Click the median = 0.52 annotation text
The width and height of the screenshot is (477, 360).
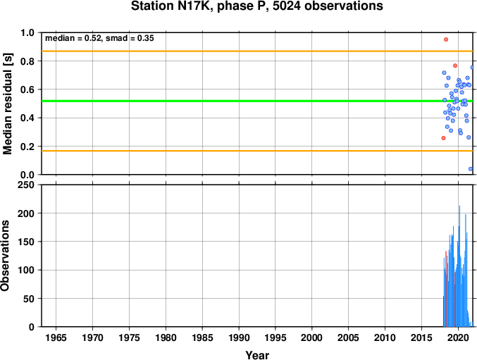coord(73,38)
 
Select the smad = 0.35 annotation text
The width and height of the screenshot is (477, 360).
coord(130,38)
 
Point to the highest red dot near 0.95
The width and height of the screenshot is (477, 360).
coord(446,39)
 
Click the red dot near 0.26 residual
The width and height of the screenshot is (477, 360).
coord(443,138)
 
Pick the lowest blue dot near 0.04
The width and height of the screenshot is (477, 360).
coord(471,169)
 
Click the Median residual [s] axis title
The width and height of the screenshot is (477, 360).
coord(7,104)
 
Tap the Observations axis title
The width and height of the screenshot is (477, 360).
coord(5,256)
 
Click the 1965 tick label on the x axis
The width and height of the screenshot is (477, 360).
coord(56,337)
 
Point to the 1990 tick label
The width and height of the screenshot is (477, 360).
coord(239,337)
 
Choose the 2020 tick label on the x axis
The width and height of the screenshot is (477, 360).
coord(458,337)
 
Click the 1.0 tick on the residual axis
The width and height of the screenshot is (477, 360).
coord(27,32)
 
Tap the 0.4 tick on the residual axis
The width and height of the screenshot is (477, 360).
coord(27,118)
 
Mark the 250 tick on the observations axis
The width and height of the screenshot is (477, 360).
coord(26,185)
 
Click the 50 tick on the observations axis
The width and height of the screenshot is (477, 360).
coord(29,299)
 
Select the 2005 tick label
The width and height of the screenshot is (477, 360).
coord(348,337)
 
